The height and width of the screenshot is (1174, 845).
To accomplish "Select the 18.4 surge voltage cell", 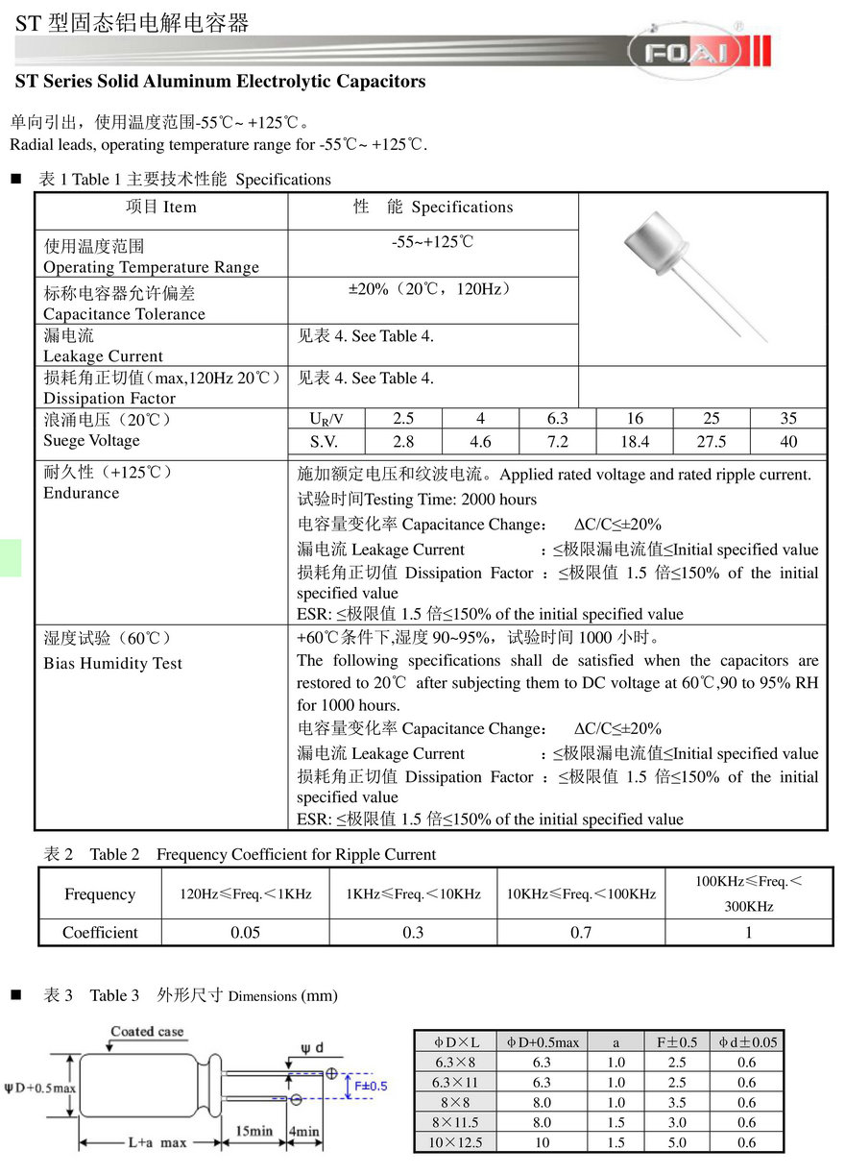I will [635, 442].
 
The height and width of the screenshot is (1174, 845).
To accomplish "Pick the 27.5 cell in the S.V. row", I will [712, 442].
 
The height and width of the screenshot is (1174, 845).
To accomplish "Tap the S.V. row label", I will [324, 442].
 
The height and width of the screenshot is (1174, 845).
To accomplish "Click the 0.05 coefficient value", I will [246, 932].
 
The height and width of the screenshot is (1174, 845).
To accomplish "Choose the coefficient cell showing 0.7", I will [581, 932].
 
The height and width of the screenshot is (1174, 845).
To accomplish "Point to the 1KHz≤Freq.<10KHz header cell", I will [413, 893].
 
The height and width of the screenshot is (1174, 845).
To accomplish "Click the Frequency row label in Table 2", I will [100, 893].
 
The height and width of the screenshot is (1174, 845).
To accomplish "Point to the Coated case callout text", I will [147, 1031].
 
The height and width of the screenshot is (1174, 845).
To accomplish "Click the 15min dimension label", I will [253, 1131].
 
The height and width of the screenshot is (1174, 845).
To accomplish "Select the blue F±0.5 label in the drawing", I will [371, 1086].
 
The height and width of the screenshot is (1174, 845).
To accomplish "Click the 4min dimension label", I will [304, 1131].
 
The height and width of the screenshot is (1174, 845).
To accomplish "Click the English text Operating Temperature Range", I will [151, 267].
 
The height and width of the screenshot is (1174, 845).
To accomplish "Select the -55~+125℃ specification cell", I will [432, 242].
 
